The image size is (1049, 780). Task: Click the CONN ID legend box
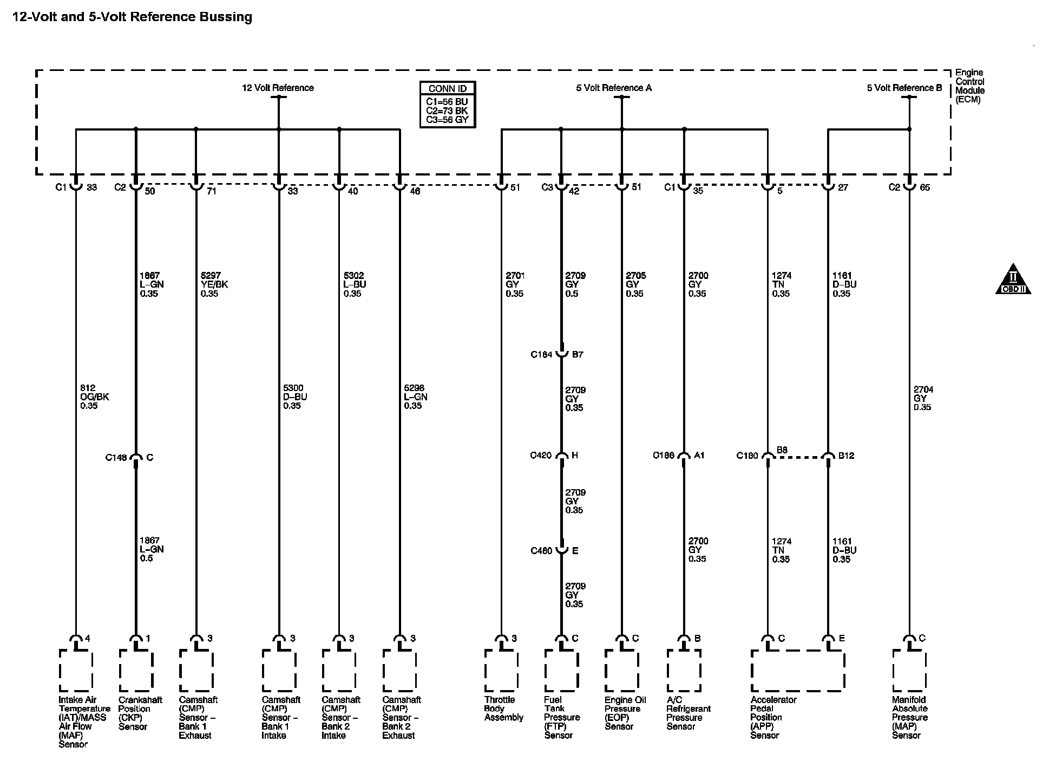click(448, 105)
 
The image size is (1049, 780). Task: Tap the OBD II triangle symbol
click(1013, 281)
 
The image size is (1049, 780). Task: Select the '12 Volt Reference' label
click(278, 88)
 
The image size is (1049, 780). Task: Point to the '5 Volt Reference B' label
click(904, 88)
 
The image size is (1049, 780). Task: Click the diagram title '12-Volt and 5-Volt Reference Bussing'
click(132, 17)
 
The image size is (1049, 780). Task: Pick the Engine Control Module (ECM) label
click(969, 86)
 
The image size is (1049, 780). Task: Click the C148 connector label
click(116, 458)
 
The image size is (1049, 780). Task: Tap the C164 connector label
click(541, 355)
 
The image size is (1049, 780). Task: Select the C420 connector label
click(541, 456)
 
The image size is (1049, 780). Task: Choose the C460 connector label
click(541, 551)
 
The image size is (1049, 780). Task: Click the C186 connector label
click(664, 456)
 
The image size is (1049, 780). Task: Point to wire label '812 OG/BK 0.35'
click(94, 397)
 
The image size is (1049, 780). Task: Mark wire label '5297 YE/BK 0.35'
click(214, 285)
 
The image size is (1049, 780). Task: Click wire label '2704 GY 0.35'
click(923, 398)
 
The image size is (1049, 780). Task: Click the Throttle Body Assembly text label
click(503, 708)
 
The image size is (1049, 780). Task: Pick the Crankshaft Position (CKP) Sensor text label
click(140, 713)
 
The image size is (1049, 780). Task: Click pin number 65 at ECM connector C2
click(925, 187)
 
